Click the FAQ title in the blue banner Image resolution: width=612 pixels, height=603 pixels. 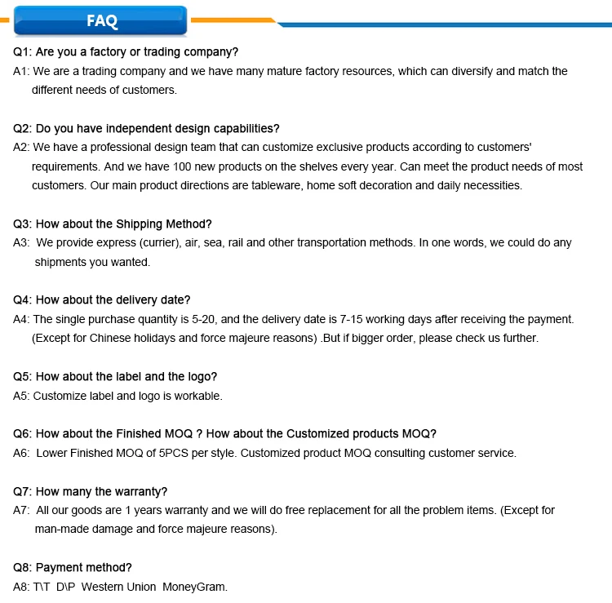(102, 21)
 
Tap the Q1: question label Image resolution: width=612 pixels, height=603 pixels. (23, 52)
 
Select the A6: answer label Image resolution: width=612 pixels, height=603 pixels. (22, 453)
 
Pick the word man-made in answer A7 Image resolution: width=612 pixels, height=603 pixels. (61, 529)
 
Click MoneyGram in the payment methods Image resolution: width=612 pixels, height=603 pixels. (195, 587)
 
